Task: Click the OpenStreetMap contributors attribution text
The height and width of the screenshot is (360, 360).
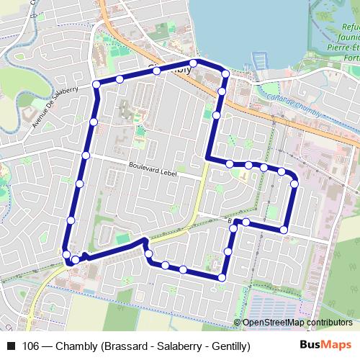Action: pos(297,323)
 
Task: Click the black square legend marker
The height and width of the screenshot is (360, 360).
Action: pos(11,346)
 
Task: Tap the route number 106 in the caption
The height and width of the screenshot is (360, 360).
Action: pos(31,346)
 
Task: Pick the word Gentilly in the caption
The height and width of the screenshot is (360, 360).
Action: pos(228,346)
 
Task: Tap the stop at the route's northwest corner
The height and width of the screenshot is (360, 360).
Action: pos(97,85)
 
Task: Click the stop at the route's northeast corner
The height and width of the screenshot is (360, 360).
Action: pos(225,73)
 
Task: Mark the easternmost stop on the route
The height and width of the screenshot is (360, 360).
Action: pos(294,185)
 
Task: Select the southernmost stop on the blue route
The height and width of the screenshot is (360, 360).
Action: pos(221,277)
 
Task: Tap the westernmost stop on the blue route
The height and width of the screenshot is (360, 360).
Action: pos(66,253)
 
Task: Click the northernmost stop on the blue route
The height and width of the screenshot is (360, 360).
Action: pos(194,63)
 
